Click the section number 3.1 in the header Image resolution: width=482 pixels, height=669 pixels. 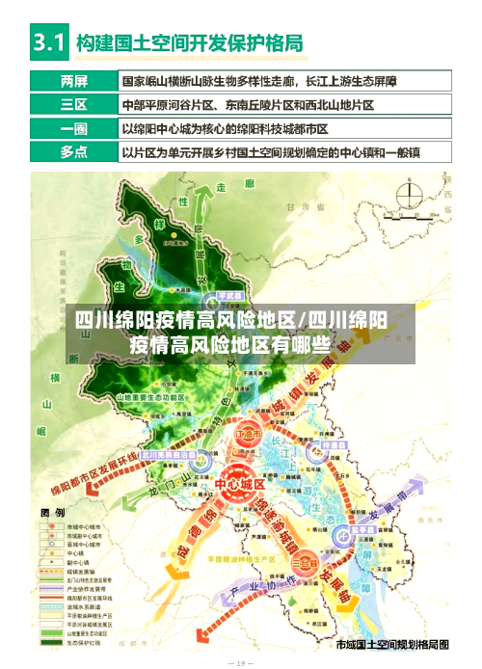pyautogui.click(x=48, y=42)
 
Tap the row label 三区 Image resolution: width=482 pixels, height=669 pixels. pyautogui.click(x=72, y=103)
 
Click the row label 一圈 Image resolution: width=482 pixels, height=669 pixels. pyautogui.click(x=72, y=127)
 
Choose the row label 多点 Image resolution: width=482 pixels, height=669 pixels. pyautogui.click(x=72, y=151)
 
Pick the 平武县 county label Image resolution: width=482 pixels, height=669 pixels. pyautogui.click(x=228, y=295)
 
